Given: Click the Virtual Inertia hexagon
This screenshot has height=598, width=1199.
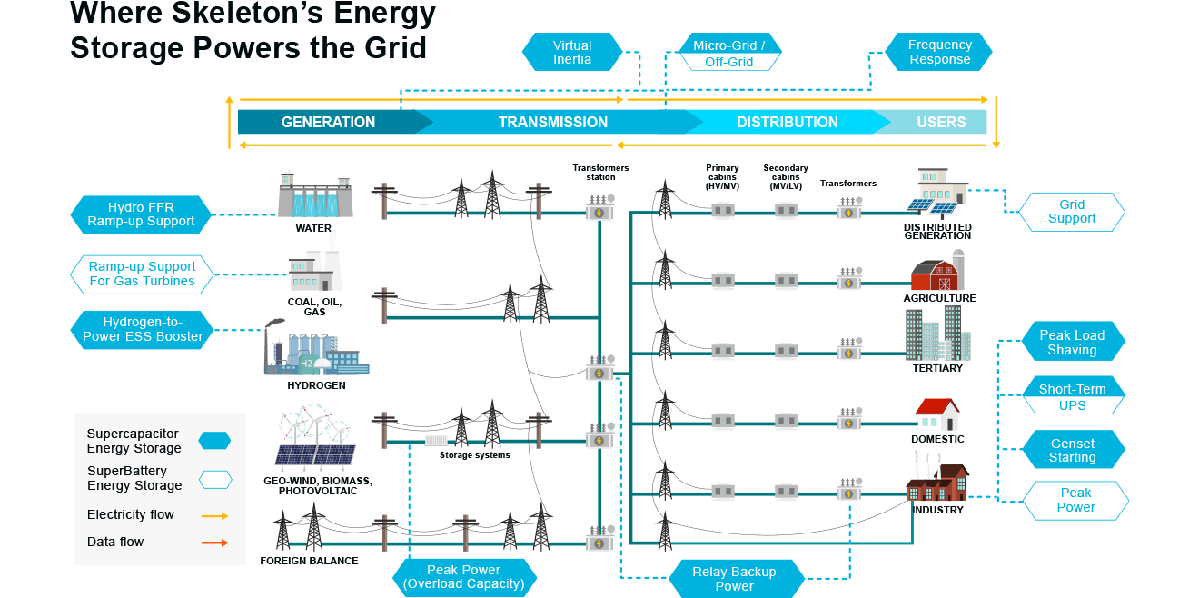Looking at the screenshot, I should coord(572,52).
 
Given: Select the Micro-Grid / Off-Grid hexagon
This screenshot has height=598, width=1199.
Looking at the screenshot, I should coord(729,54).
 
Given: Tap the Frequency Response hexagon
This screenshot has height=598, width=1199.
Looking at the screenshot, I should coord(939,52).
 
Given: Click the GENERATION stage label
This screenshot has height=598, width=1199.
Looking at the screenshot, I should coord(328,122).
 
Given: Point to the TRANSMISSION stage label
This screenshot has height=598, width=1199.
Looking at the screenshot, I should coord(552,122).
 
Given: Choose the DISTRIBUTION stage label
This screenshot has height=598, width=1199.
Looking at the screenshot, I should coord(787,122).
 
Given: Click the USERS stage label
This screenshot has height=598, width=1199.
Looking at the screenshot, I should coord(941,122).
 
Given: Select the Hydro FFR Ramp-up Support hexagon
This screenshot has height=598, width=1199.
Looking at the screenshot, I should coord(141,214).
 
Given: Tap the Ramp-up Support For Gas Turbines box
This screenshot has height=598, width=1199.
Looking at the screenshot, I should coord(142,274).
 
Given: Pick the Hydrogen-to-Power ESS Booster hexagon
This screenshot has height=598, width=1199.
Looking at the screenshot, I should coord(143,329).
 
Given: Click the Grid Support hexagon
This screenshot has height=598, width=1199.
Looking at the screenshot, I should coord(1072,212).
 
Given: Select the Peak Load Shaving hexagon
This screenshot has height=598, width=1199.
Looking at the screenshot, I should coord(1072,343).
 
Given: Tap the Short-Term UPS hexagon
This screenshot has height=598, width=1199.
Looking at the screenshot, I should coord(1072,397).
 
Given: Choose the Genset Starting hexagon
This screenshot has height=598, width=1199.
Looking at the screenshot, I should coord(1072,451).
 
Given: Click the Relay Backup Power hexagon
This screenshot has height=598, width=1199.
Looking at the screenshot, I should coord(734,579).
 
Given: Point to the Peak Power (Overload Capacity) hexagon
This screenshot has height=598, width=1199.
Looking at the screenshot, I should coord(463,577).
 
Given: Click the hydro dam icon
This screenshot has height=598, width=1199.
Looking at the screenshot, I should coord(314,194).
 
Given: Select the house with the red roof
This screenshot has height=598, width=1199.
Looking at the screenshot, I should coord(936,414).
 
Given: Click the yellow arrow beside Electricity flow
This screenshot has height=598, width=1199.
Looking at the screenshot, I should coord(214,515).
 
